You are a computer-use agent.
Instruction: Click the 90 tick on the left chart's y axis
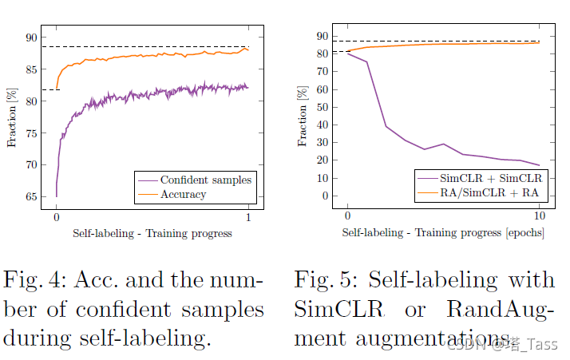tap(30, 38)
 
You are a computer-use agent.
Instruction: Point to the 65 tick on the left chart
tap(30, 196)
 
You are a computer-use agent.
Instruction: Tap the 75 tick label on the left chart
tap(30, 133)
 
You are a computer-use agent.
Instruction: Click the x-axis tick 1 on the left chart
tap(248, 217)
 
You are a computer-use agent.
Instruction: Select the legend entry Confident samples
tap(206, 180)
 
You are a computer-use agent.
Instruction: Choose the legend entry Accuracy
tap(183, 194)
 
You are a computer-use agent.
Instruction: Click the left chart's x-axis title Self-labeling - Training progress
tap(152, 233)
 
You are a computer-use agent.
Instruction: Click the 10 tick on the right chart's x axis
tap(539, 217)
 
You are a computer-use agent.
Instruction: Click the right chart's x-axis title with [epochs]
tap(443, 233)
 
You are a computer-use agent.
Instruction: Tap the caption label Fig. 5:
tap(323, 280)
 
